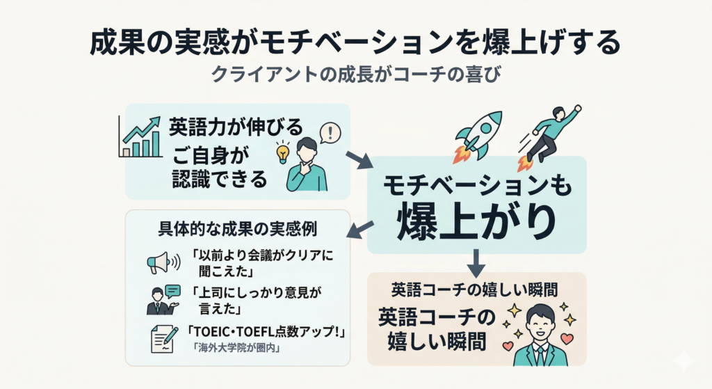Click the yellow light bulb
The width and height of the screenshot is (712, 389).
coord(283,151)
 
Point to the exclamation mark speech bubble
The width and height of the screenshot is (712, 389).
coord(330,132)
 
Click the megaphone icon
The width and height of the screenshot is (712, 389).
coord(159,262)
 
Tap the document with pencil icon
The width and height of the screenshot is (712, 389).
coord(163,339)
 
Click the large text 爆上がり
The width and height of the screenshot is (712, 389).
coord(476,221)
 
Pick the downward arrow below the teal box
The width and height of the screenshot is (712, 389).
coord(476,262)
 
